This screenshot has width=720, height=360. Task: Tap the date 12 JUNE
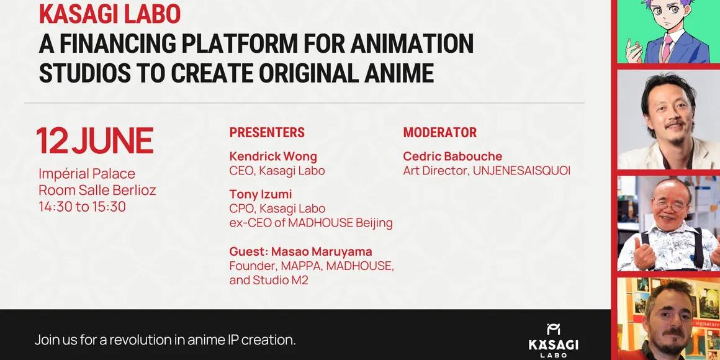coord(95,141)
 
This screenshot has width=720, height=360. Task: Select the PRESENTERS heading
coord(267,133)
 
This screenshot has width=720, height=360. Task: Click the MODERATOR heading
coord(440,133)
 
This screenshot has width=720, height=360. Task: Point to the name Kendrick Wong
coord(273,156)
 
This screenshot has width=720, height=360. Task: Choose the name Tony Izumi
coord(260,195)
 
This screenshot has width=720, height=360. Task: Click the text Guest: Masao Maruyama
coord(301,251)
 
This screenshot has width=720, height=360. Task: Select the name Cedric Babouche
coord(452,156)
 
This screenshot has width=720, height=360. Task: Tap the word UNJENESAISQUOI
coord(521,171)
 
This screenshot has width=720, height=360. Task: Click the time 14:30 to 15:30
coord(82,207)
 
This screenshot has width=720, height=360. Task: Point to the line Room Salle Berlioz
coord(97,190)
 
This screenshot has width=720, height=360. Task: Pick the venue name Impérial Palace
coord(87,174)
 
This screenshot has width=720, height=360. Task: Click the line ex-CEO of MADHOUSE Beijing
coord(311,223)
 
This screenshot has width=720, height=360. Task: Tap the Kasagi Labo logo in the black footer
coord(553,340)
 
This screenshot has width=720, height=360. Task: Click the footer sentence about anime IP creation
coord(165,340)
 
